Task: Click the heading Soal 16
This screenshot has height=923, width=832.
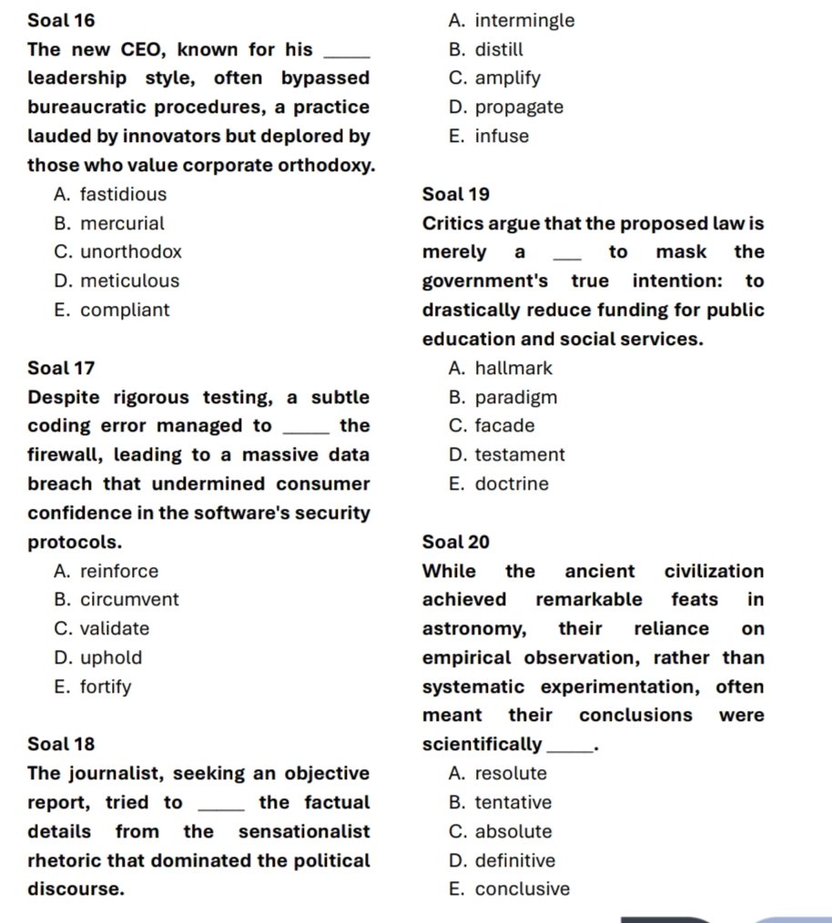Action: pyautogui.click(x=61, y=20)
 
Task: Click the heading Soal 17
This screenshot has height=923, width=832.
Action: pyautogui.click(x=61, y=369)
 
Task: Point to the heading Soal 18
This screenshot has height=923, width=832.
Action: pyautogui.click(x=61, y=745)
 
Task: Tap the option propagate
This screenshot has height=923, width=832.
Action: pyautogui.click(x=506, y=107)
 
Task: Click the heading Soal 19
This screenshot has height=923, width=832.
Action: pyautogui.click(x=456, y=194)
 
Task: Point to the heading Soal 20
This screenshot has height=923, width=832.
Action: pyautogui.click(x=456, y=543)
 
